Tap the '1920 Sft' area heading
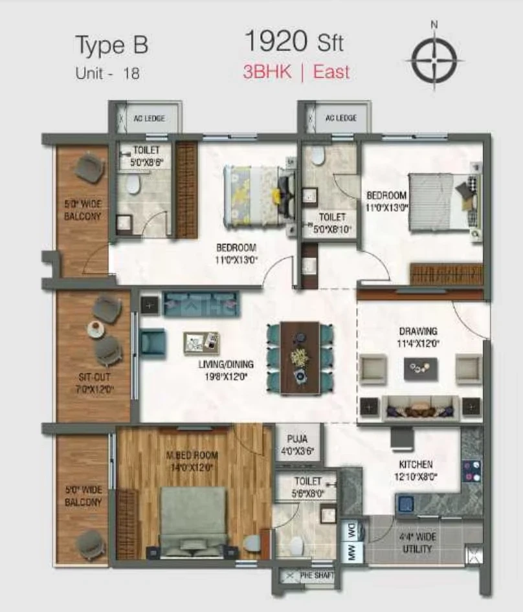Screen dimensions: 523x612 [294, 41]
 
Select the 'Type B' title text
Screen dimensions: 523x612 [112, 45]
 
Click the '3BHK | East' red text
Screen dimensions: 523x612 [296, 72]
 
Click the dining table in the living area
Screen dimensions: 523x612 [300, 357]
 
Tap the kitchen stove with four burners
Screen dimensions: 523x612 [471, 472]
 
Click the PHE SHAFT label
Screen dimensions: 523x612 [317, 575]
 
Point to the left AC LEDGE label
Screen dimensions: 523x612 [150, 118]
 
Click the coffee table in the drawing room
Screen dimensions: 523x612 [420, 368]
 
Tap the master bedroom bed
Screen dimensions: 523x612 [192, 521]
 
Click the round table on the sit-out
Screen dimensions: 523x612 [95, 328]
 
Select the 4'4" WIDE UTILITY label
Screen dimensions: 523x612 [417, 543]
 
